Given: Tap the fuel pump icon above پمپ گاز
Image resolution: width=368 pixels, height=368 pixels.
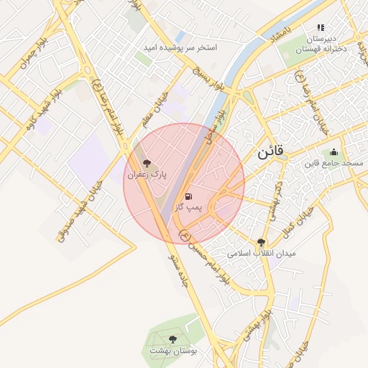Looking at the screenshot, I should pos(188,195).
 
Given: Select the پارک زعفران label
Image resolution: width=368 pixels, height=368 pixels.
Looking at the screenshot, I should pos(147,175).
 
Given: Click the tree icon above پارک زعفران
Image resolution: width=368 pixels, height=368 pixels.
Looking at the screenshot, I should pos(147,163).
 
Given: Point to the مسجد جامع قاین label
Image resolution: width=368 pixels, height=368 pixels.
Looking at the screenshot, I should pos(333,164).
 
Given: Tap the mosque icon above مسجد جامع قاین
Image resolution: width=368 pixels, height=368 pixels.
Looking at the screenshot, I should pos(333,152).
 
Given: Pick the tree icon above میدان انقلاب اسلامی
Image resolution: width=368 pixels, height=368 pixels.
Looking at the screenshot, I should pos(261,243).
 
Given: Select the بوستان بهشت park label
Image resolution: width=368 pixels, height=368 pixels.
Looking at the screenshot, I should pos(172,351).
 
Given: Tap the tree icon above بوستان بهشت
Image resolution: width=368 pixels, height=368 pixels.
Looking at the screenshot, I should pos(172,339).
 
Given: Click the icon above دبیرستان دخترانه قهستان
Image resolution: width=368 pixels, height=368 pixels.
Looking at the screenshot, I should pos(321,27).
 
